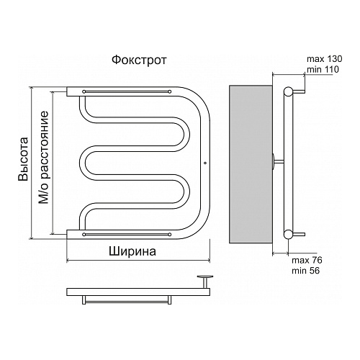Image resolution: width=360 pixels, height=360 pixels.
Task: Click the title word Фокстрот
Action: [139, 60]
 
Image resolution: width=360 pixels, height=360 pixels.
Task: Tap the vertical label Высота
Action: [24, 159]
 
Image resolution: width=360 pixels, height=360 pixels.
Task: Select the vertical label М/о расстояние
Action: [44, 157]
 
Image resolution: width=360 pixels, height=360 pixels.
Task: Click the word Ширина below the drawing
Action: [132, 251]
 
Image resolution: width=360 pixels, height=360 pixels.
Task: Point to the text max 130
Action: [325, 59]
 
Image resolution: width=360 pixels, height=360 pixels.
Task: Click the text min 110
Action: [323, 69]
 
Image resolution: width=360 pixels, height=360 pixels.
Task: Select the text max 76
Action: [307, 260]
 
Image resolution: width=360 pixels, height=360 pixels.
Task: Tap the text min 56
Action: [306, 271]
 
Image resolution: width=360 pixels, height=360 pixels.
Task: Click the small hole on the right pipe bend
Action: [204, 163]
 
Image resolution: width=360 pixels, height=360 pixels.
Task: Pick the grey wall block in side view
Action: [251, 164]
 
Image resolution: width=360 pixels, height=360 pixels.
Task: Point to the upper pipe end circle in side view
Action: [288, 91]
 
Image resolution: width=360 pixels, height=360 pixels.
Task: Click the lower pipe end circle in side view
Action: [288, 234]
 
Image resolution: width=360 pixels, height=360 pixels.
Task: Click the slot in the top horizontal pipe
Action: [127, 91]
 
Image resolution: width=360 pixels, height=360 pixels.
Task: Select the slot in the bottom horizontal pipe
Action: [127, 235]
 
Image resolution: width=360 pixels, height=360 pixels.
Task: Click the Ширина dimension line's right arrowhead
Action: [208, 260]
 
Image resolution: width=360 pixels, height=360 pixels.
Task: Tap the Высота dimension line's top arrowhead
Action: [31, 89]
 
